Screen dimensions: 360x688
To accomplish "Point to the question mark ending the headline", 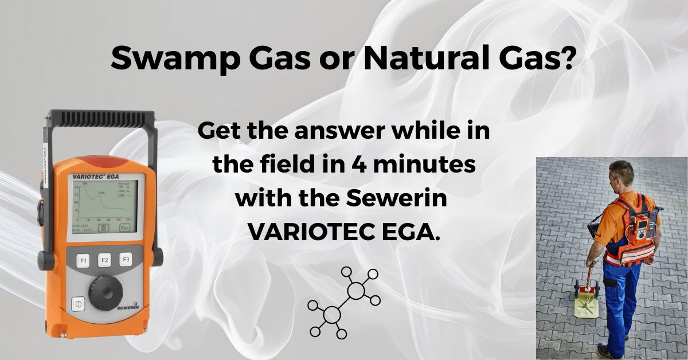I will [567, 59].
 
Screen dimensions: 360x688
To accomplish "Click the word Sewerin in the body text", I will [397, 199].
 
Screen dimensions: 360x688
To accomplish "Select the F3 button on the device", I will [126, 260].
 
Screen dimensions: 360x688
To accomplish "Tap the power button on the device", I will [78, 304].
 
